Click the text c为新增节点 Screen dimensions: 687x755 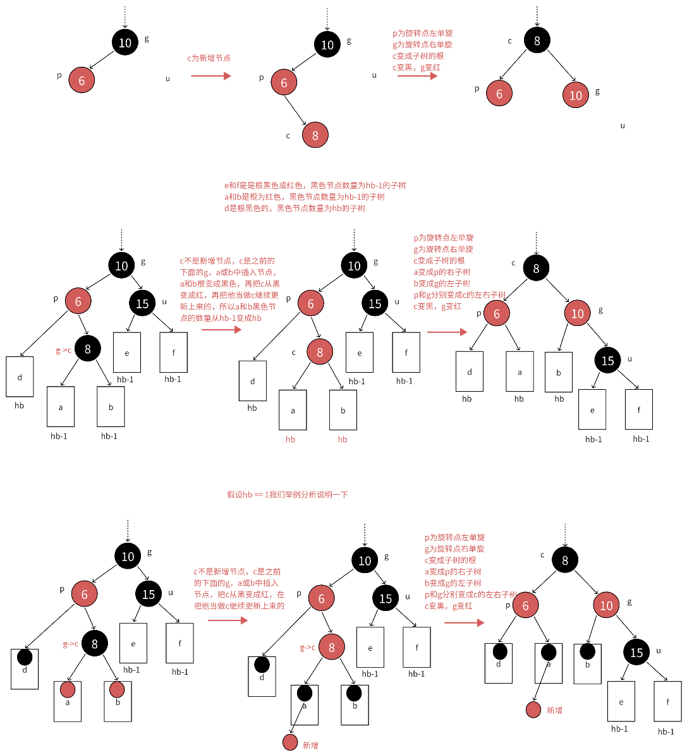coord(209,58)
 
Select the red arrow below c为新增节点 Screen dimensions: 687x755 coord(211,76)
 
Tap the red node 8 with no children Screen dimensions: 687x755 coord(315,135)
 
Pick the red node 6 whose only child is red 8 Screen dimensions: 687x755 coord(284,83)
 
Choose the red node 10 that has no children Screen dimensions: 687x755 coord(575,95)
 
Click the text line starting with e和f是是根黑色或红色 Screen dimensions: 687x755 coord(315,186)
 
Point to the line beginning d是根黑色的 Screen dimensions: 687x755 coord(295,208)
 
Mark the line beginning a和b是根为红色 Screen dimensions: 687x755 coord(304,197)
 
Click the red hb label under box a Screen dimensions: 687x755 coord(290,439)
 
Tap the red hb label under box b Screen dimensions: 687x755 coord(343,439)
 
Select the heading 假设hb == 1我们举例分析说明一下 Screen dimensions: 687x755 coord(288,495)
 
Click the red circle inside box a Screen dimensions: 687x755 coord(68,689)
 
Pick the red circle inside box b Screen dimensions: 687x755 coord(117,689)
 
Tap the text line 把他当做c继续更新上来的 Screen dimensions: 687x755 coord(240,605)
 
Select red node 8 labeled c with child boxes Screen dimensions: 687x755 coord(320,353)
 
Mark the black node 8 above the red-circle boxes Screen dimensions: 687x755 coord(94,644)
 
